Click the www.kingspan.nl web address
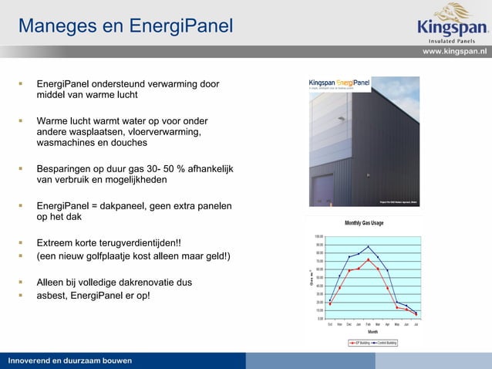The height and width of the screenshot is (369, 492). (x=455, y=51)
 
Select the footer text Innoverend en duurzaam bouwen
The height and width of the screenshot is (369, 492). (x=70, y=361)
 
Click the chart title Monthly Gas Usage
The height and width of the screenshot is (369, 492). (x=364, y=223)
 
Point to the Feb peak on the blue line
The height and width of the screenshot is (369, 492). (x=369, y=247)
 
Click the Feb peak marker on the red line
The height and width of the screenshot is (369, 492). (x=369, y=260)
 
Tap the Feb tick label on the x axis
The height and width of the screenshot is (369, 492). (x=369, y=324)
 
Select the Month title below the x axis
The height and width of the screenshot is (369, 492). (x=372, y=332)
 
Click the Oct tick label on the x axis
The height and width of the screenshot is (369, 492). (x=330, y=324)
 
